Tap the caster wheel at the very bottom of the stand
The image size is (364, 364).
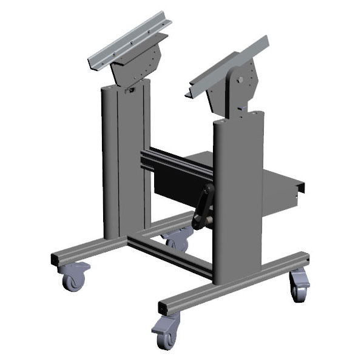click(x=164, y=335)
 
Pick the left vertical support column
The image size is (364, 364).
click(x=124, y=164)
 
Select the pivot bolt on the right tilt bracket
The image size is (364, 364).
click(x=242, y=79)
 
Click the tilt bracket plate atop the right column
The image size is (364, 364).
click(x=246, y=91)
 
